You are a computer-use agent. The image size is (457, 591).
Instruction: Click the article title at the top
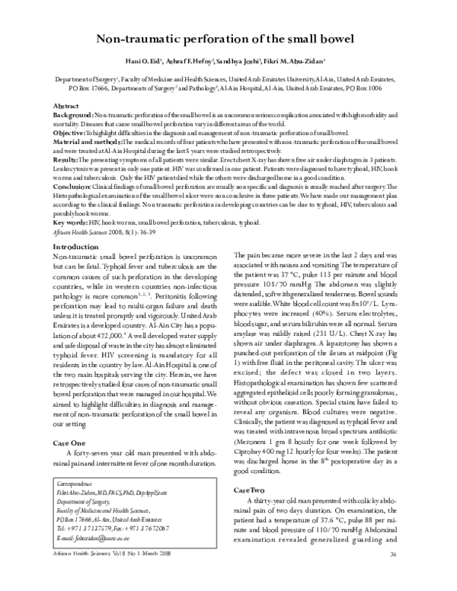228,40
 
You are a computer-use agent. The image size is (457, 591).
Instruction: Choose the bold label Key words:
70,224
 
